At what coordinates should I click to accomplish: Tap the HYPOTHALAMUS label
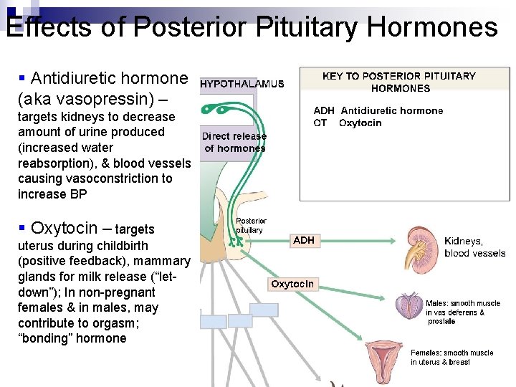(242, 84)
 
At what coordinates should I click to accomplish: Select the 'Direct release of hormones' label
(234, 142)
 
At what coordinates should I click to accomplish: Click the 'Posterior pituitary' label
(251, 226)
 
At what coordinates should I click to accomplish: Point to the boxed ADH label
(304, 241)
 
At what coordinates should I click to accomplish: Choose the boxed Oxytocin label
(292, 285)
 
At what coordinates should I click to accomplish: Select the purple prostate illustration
(409, 307)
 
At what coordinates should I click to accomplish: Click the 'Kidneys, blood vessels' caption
(474, 247)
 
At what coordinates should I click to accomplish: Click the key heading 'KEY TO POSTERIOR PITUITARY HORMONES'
(400, 82)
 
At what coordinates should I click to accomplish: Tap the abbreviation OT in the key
(320, 123)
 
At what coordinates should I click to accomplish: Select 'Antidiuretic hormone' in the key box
(391, 110)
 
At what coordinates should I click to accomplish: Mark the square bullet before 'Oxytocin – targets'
(22, 227)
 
